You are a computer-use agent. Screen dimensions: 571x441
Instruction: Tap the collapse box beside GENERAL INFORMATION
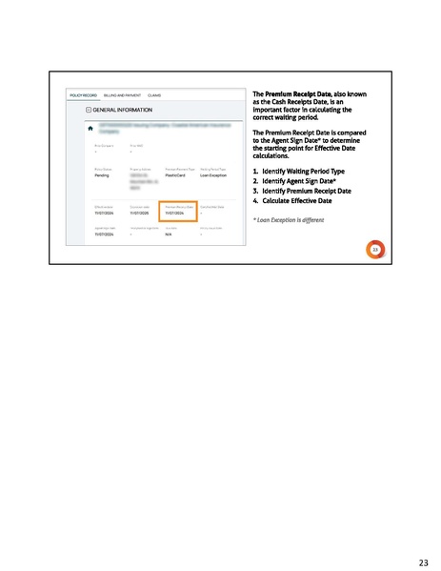[x=89, y=112]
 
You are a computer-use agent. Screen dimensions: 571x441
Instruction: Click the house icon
[x=90, y=128]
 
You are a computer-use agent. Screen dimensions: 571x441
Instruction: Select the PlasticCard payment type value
[x=175, y=175]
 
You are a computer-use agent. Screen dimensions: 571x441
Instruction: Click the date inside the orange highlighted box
[x=175, y=214]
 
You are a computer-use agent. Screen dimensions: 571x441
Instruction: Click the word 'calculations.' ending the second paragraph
[x=273, y=156]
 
